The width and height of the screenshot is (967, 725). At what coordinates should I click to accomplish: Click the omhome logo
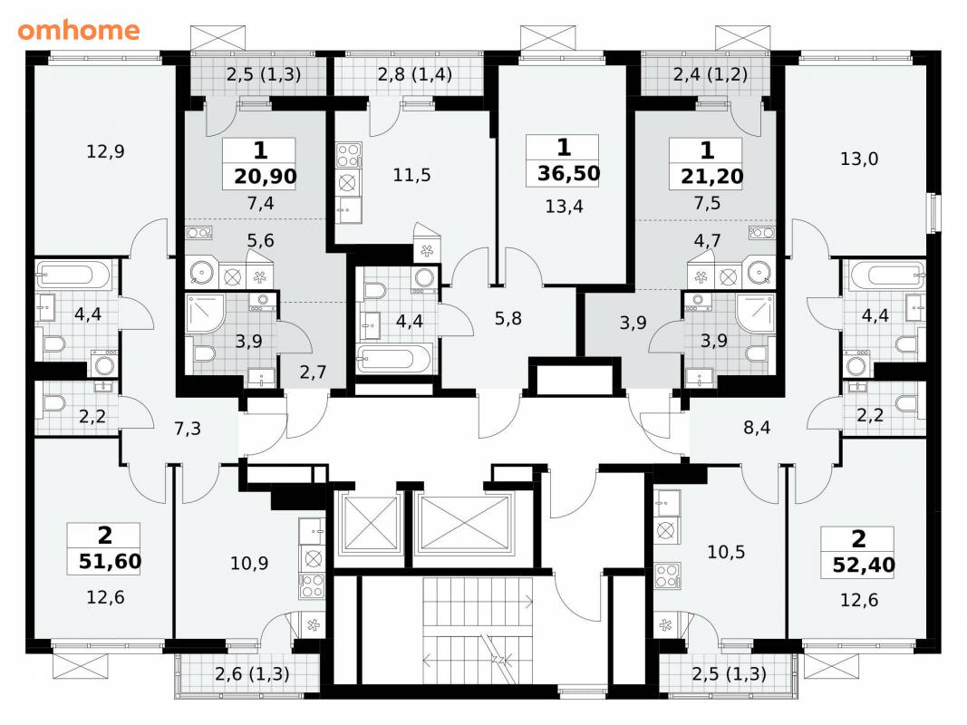pyautogui.click(x=79, y=30)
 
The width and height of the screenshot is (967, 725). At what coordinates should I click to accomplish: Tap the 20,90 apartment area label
pyautogui.click(x=266, y=177)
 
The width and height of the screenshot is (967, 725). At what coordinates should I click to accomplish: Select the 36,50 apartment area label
pyautogui.click(x=568, y=173)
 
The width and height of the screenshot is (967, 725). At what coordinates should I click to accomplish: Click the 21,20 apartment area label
pyautogui.click(x=711, y=177)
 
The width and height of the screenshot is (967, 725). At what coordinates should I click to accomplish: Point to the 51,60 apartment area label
pyautogui.click(x=110, y=562)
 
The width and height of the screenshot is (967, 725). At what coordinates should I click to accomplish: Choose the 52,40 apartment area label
pyautogui.click(x=864, y=565)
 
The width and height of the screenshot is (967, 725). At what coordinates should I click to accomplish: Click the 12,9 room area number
pyautogui.click(x=105, y=151)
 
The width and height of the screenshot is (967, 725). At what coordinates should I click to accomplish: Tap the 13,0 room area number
pyautogui.click(x=859, y=159)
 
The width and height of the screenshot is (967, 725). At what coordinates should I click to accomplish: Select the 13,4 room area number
pyautogui.click(x=564, y=206)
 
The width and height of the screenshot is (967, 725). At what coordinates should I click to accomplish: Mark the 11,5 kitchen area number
pyautogui.click(x=411, y=175)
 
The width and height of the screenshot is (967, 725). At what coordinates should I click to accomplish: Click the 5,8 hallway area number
pyautogui.click(x=508, y=318)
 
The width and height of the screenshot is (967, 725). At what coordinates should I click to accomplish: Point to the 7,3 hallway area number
pyautogui.click(x=188, y=428)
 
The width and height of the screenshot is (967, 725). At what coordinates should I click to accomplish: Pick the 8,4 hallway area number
pyautogui.click(x=757, y=427)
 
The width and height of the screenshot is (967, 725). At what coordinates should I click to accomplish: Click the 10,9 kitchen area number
pyautogui.click(x=249, y=563)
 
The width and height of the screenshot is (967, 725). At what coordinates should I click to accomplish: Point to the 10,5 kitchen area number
pyautogui.click(x=726, y=552)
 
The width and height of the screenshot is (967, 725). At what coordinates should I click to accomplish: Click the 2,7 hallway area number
pyautogui.click(x=313, y=372)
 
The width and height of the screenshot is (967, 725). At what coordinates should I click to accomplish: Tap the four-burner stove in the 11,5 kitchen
pyautogui.click(x=348, y=155)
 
